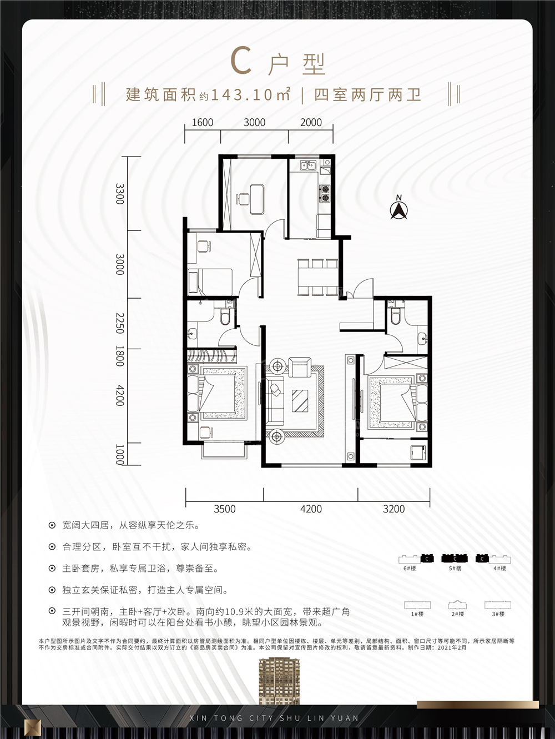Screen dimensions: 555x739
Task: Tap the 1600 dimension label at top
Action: click(x=203, y=122)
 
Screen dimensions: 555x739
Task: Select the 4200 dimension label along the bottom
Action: click(x=311, y=509)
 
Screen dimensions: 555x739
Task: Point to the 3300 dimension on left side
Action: click(x=120, y=194)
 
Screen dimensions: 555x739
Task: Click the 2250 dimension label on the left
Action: click(x=120, y=323)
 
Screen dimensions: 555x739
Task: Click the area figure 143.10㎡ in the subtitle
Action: click(x=250, y=95)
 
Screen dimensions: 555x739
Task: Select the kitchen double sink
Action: click(x=308, y=165)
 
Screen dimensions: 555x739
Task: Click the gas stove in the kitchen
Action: click(x=325, y=194)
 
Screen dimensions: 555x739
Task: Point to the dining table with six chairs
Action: click(x=317, y=277)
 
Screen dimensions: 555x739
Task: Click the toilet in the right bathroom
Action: click(x=395, y=316)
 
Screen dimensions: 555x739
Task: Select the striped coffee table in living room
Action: click(x=300, y=401)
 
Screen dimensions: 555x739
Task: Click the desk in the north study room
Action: click(x=257, y=199)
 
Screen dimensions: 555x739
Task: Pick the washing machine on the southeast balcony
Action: click(x=418, y=453)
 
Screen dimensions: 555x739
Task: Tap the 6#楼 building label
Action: click(x=410, y=569)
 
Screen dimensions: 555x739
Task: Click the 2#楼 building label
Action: click(x=457, y=614)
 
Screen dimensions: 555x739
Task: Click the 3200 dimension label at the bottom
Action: click(x=394, y=509)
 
